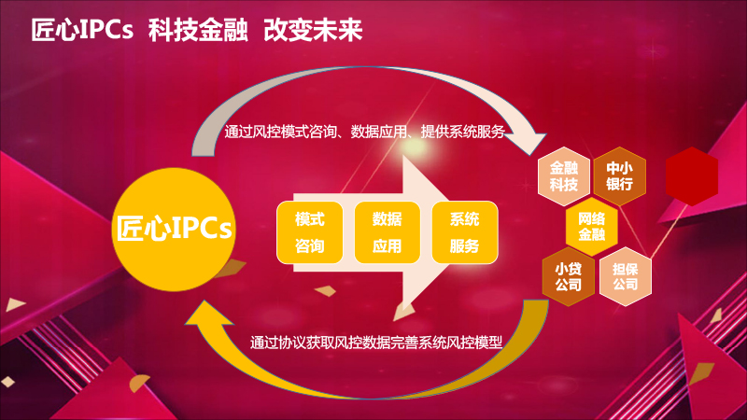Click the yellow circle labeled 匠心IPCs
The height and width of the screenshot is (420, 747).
(174, 230)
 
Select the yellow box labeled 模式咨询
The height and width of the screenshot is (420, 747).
(310, 232)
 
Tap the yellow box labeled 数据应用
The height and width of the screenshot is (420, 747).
(388, 232)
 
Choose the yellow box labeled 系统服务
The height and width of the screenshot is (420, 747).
(465, 232)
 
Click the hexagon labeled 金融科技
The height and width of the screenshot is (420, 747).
(564, 176)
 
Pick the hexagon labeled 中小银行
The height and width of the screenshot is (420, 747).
(620, 176)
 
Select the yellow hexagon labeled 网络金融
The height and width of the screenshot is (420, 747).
(592, 227)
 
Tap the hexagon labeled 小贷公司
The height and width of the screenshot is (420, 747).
(569, 276)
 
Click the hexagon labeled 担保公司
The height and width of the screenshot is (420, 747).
(625, 276)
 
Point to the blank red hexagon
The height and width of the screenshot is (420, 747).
(692, 176)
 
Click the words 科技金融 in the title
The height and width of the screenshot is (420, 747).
(198, 30)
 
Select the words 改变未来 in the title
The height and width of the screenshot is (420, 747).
(313, 30)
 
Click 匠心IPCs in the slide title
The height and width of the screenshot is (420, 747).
(82, 30)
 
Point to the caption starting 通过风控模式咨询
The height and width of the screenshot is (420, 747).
(364, 132)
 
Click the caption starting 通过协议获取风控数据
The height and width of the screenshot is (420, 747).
(376, 343)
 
